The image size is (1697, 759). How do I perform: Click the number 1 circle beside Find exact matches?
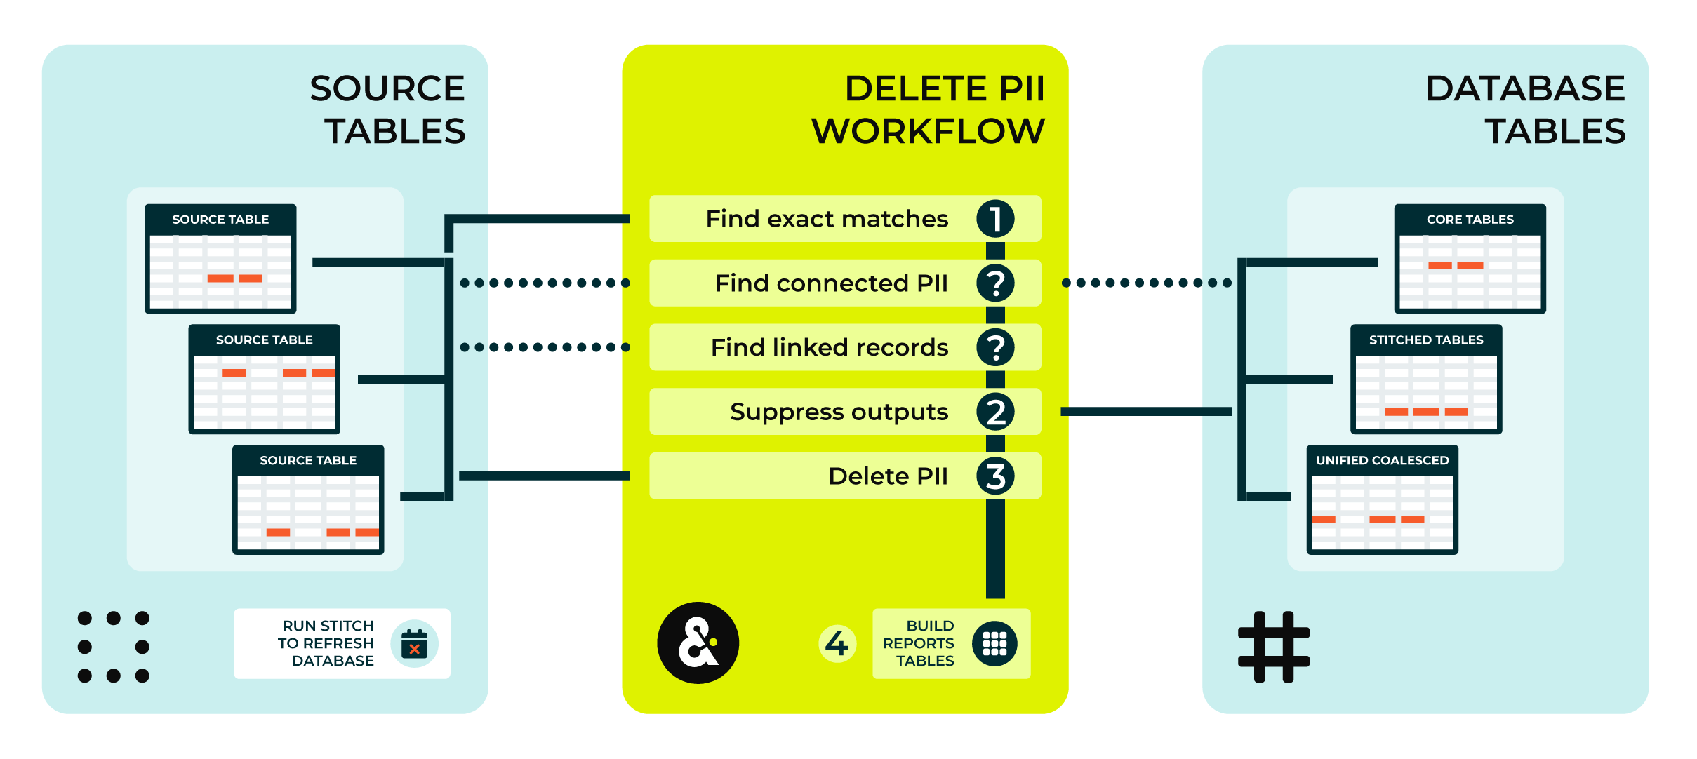995,219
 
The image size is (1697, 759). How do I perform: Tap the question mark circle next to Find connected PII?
995,283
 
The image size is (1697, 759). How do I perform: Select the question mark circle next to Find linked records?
995,347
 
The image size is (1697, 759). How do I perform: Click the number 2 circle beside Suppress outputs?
995,412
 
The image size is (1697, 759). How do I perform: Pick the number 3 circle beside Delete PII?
995,476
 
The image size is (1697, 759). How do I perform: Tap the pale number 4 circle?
837,643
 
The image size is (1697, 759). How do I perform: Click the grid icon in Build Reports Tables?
994,643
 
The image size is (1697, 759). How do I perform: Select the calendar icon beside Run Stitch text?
414,643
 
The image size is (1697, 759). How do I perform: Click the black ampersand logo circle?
698,643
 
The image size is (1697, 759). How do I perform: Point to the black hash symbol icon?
1273,646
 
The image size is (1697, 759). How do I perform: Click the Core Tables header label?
1470,220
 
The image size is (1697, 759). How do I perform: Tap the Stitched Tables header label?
1425,340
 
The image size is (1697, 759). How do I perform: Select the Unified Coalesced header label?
1382,461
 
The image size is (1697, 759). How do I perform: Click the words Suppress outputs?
839,412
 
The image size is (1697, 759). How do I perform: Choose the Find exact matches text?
826,219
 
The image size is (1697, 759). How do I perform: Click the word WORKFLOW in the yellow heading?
928,131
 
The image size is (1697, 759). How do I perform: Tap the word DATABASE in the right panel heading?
1525,88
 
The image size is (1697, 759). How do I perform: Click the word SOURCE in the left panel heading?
387,88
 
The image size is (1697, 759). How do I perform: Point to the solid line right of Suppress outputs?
1145,412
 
